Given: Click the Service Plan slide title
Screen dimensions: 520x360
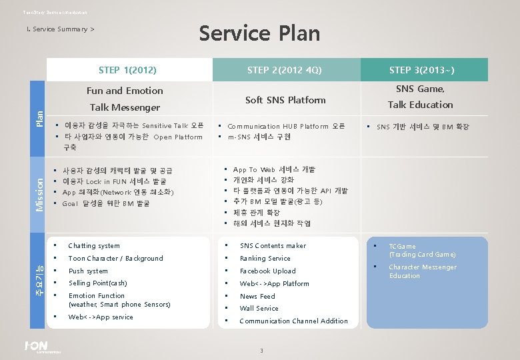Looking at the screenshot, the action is pyautogui.click(x=260, y=33).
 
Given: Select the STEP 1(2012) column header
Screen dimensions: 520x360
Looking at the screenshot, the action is pyautogui.click(x=127, y=70).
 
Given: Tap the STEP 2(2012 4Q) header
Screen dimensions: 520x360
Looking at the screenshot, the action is pyautogui.click(x=285, y=70).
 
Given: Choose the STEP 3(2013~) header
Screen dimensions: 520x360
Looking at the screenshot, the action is pyautogui.click(x=421, y=70).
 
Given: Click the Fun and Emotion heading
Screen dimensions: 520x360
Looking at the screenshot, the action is pyautogui.click(x=125, y=91).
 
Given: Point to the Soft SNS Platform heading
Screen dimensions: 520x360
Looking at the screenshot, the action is pyautogui.click(x=285, y=100).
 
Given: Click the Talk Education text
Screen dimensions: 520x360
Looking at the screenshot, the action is pyautogui.click(x=420, y=105).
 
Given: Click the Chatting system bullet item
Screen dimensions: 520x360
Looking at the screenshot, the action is pyautogui.click(x=94, y=246).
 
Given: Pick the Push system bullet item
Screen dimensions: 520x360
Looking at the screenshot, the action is pyautogui.click(x=88, y=271).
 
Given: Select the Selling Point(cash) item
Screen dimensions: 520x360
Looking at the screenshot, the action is pyautogui.click(x=97, y=283).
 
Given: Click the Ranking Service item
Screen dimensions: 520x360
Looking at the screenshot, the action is pyautogui.click(x=265, y=259).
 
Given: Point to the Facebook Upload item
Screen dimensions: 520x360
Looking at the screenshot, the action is pyautogui.click(x=267, y=271).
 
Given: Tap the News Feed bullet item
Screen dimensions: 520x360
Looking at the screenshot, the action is pyautogui.click(x=257, y=296).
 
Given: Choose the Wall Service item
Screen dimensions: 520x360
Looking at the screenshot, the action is pyautogui.click(x=259, y=309).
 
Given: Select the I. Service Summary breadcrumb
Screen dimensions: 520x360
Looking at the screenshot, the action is pyautogui.click(x=59, y=29).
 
